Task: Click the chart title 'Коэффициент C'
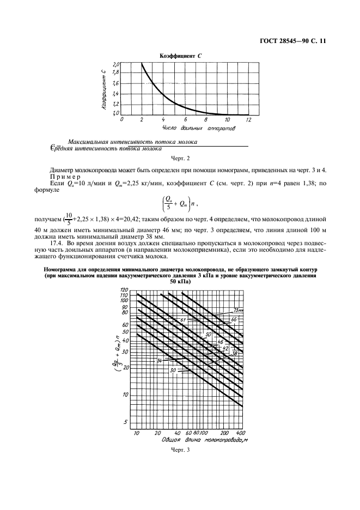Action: point(180,56)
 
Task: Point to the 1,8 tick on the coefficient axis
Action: point(115,72)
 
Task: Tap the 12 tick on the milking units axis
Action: point(248,119)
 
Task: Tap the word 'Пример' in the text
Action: point(64,176)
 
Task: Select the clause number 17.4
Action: point(56,242)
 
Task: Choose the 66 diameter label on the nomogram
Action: point(234,319)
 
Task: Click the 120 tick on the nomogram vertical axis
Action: point(124,289)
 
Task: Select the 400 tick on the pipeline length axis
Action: point(239,433)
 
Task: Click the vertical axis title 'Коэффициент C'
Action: point(103,90)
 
